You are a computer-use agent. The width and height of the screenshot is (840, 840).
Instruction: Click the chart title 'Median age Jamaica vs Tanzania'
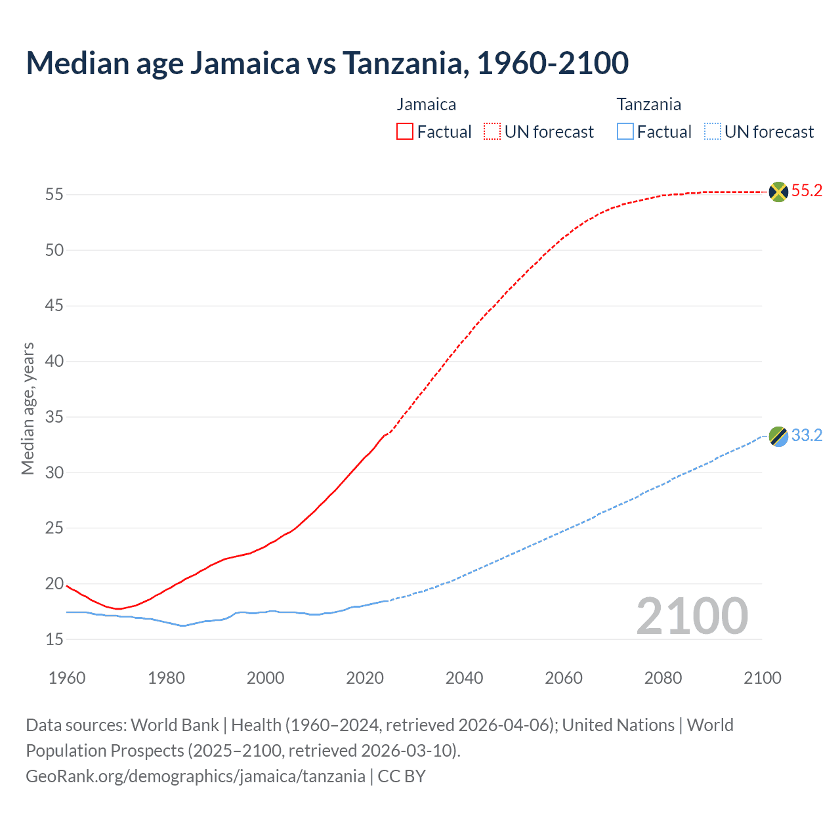[x=327, y=63]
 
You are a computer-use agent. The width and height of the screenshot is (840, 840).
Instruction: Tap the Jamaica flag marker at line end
[x=778, y=192]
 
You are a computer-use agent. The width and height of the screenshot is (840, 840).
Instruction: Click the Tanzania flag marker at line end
[x=778, y=436]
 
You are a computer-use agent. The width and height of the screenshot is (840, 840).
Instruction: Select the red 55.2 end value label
[x=807, y=191]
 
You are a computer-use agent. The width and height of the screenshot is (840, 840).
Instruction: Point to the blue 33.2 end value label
[x=807, y=436]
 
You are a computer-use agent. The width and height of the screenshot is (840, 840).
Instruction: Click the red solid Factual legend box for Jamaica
[x=405, y=132]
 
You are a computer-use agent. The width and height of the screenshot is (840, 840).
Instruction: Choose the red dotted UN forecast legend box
[x=492, y=132]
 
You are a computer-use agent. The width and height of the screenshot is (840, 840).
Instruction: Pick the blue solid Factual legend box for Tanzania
[x=625, y=132]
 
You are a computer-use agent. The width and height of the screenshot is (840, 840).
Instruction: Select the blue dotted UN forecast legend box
[x=713, y=132]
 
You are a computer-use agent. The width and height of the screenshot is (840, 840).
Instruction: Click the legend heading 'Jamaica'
[x=426, y=104]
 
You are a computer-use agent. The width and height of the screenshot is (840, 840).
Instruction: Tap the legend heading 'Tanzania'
[x=648, y=104]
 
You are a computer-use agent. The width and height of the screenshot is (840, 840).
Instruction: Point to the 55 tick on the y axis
[x=54, y=195]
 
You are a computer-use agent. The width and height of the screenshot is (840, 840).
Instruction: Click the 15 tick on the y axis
[x=54, y=639]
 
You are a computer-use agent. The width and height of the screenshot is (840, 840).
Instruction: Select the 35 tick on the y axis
[x=54, y=417]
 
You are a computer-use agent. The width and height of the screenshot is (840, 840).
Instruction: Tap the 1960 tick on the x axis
[x=67, y=678]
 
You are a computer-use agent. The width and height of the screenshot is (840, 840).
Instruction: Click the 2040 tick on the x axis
[x=464, y=678]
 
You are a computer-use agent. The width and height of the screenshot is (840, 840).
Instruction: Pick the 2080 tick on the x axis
[x=663, y=678]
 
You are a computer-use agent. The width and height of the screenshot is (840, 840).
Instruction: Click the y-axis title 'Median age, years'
[x=28, y=408]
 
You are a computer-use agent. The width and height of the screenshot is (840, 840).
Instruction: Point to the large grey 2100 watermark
[x=692, y=616]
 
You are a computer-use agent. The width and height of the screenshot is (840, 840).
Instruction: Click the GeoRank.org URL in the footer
[x=195, y=776]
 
